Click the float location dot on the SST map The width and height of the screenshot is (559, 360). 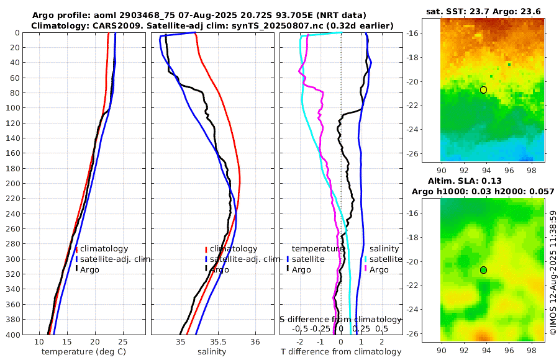point(483,90)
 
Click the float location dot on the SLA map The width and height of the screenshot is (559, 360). point(483,270)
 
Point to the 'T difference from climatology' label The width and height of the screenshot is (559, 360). point(340,352)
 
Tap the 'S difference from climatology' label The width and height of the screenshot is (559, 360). point(340,318)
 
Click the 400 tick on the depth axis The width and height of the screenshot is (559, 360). point(13,335)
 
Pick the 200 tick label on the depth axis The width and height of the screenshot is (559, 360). point(13,184)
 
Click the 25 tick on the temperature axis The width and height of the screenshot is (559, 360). point(122,342)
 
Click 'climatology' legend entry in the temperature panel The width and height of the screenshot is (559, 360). point(104,249)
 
